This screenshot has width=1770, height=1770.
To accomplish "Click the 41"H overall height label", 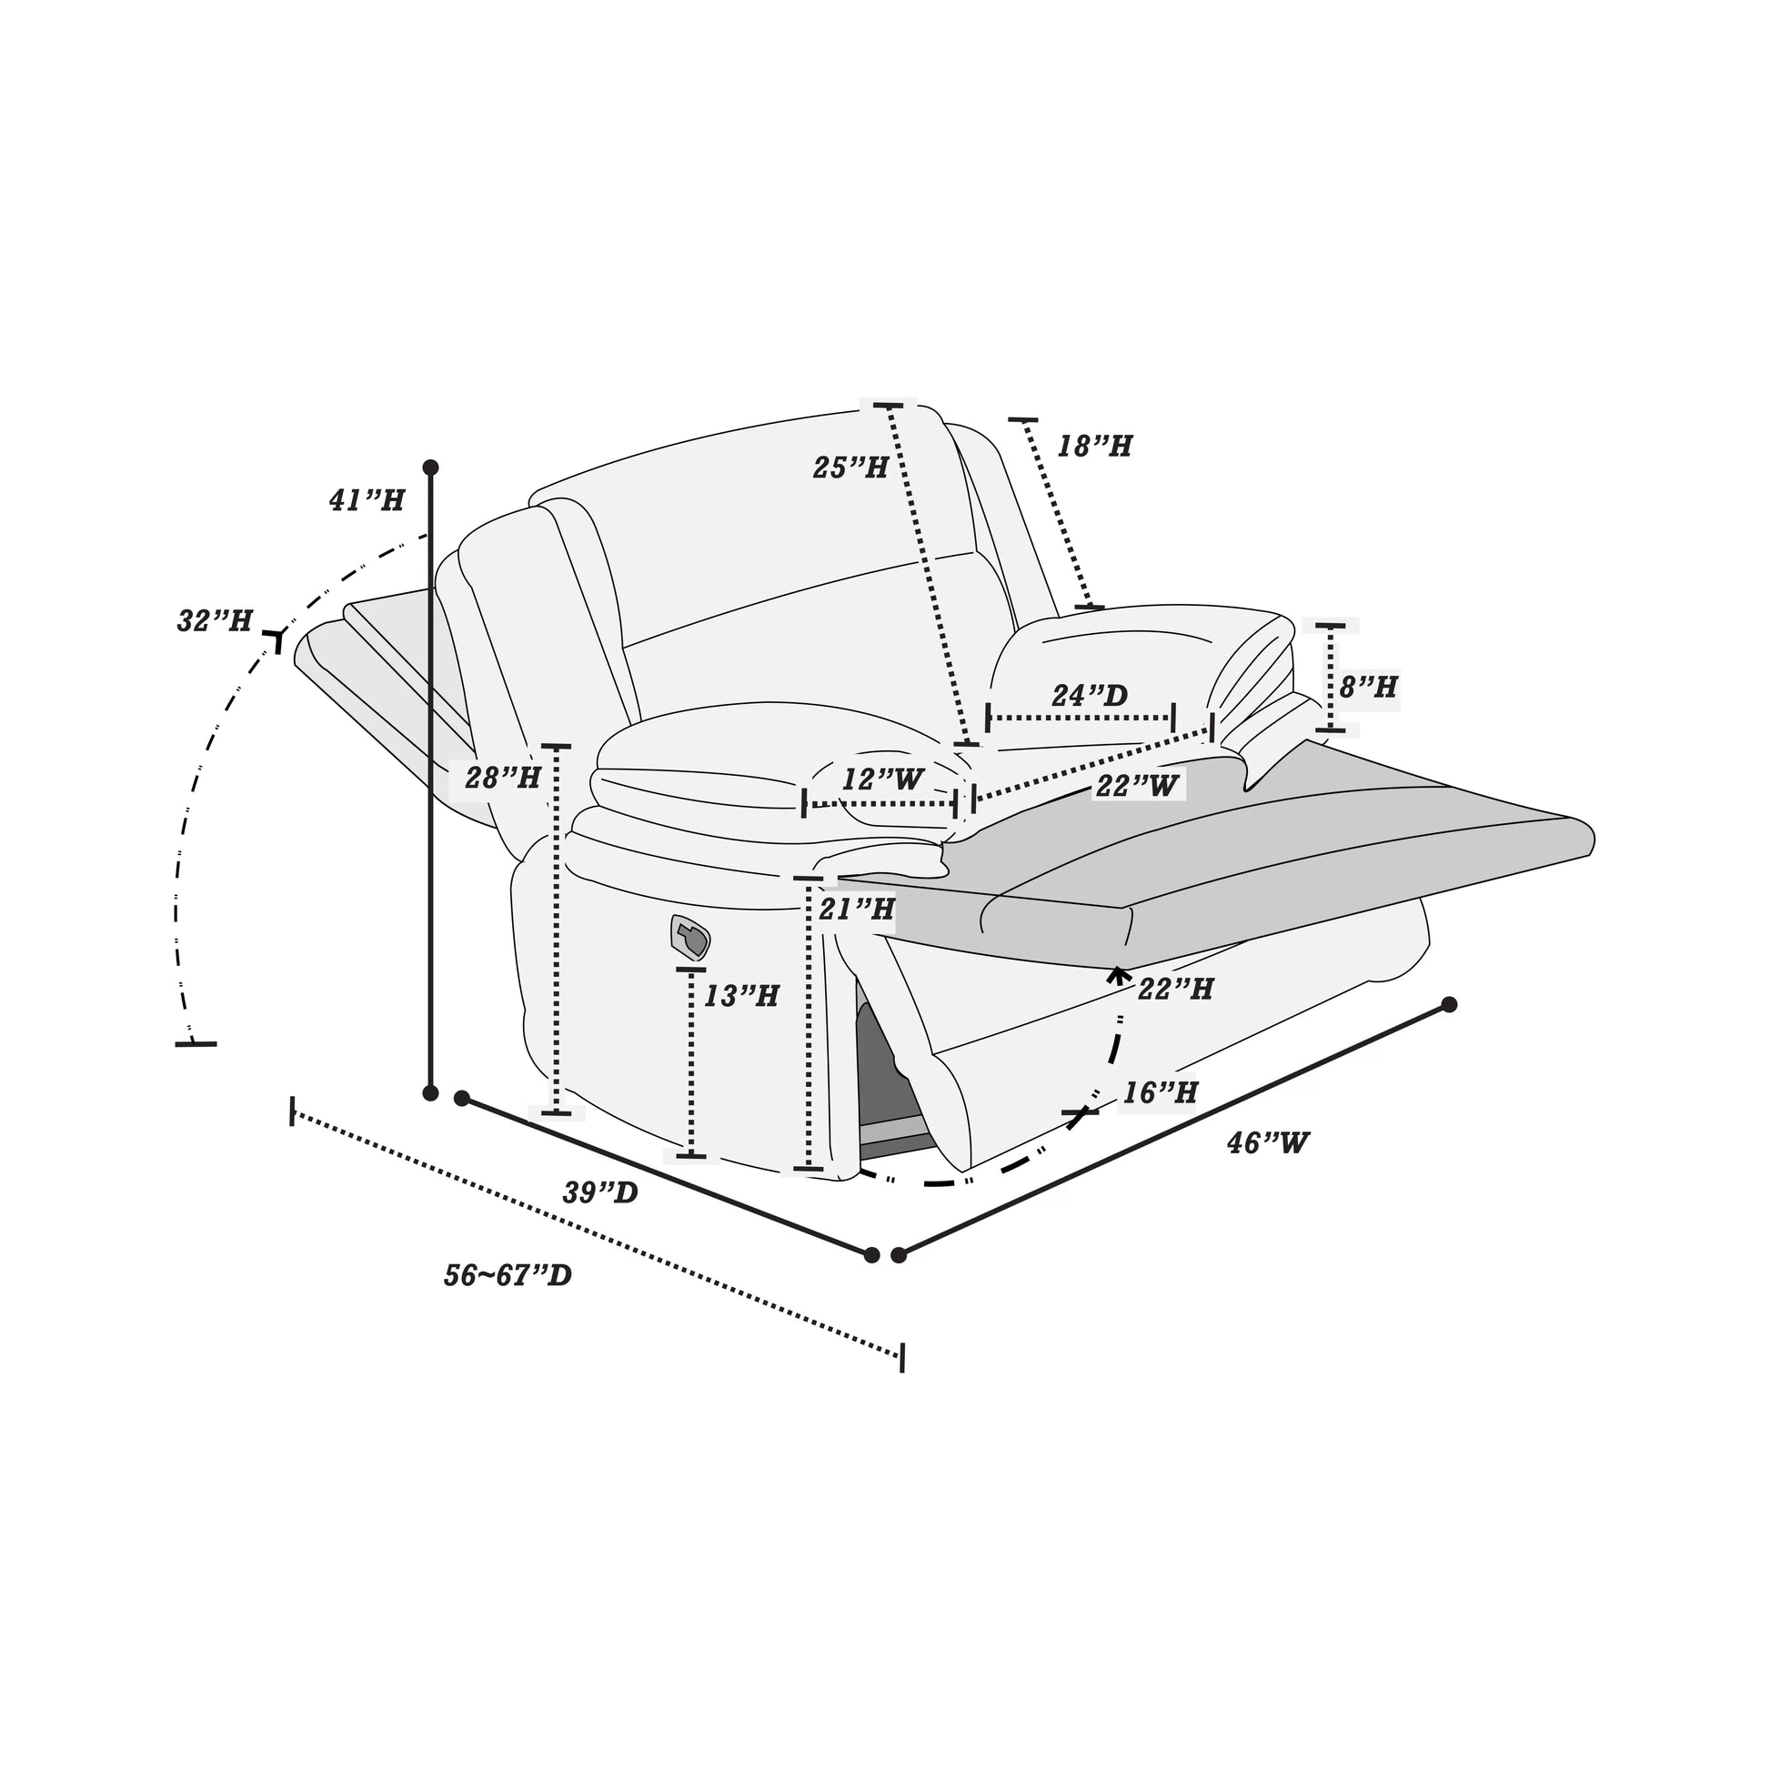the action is (367, 500).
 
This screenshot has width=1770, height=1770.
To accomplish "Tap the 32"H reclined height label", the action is (215, 620).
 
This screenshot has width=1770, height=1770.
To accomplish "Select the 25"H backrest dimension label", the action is (850, 468).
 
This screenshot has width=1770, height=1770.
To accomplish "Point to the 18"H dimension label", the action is (1095, 447).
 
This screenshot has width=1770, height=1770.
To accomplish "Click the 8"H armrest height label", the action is (1369, 686).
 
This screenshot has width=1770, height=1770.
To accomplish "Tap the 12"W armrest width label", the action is (883, 779).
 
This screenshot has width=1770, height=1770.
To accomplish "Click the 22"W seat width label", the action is (1137, 785).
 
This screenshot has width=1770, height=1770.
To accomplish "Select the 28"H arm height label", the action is (503, 778).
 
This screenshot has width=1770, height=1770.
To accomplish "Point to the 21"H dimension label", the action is (857, 909).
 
